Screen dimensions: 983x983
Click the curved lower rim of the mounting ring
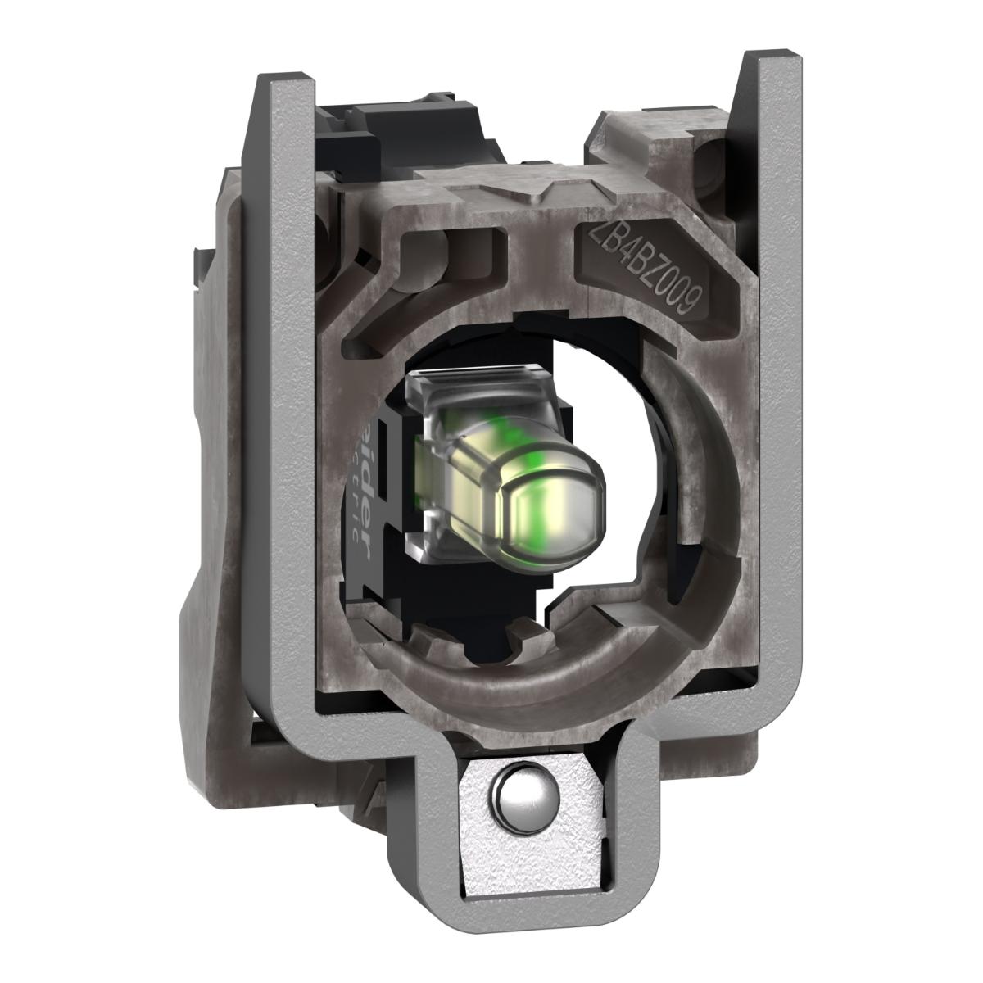coord(524,680)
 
